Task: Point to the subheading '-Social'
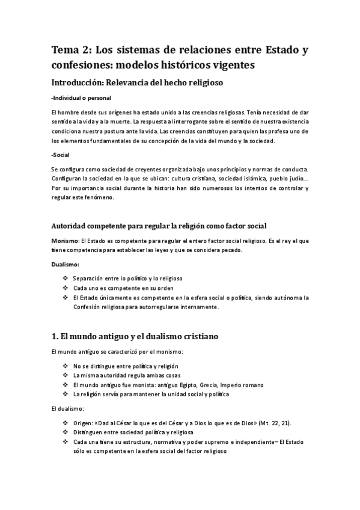point(61,155)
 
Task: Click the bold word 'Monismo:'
point(66,241)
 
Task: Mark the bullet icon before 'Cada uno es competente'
point(65,288)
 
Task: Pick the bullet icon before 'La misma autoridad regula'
point(65,376)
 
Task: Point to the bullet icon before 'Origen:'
point(65,423)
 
